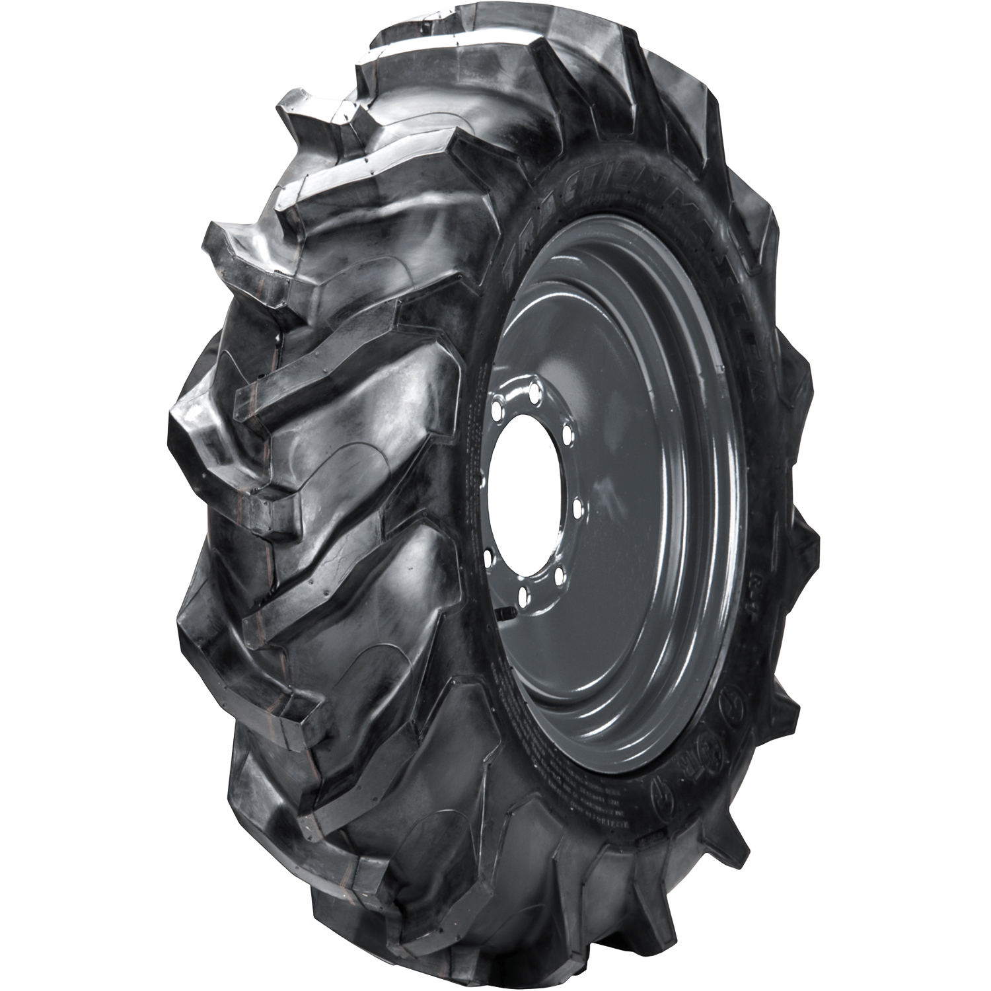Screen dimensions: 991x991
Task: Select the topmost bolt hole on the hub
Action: pyautogui.click(x=532, y=386)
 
